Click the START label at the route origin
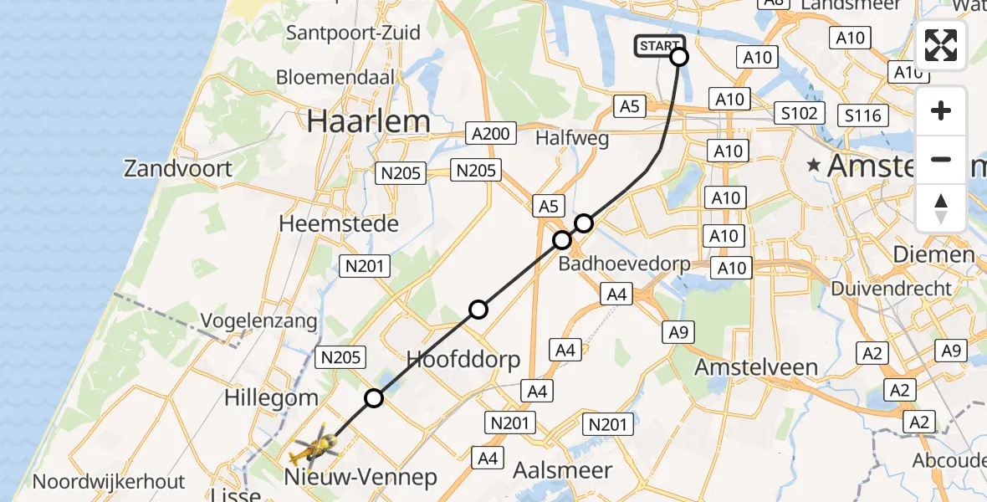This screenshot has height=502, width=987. [x=660, y=46]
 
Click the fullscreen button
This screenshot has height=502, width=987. [x=941, y=45]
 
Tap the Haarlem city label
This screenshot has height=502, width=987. [x=368, y=121]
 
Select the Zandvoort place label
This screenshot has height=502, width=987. [x=178, y=168]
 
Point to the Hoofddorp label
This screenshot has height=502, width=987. [x=463, y=360]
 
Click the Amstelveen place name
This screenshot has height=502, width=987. [x=757, y=367]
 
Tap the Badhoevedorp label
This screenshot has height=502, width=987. [x=624, y=264]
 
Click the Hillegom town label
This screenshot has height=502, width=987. [x=272, y=397]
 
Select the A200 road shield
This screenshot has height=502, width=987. [x=490, y=134]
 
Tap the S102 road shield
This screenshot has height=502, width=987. [x=800, y=113]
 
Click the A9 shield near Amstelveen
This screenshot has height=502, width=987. [x=677, y=332]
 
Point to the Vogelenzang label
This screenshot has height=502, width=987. [x=258, y=321]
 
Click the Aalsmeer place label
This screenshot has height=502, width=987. [x=563, y=470]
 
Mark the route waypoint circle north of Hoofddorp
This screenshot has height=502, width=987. [x=478, y=310]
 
